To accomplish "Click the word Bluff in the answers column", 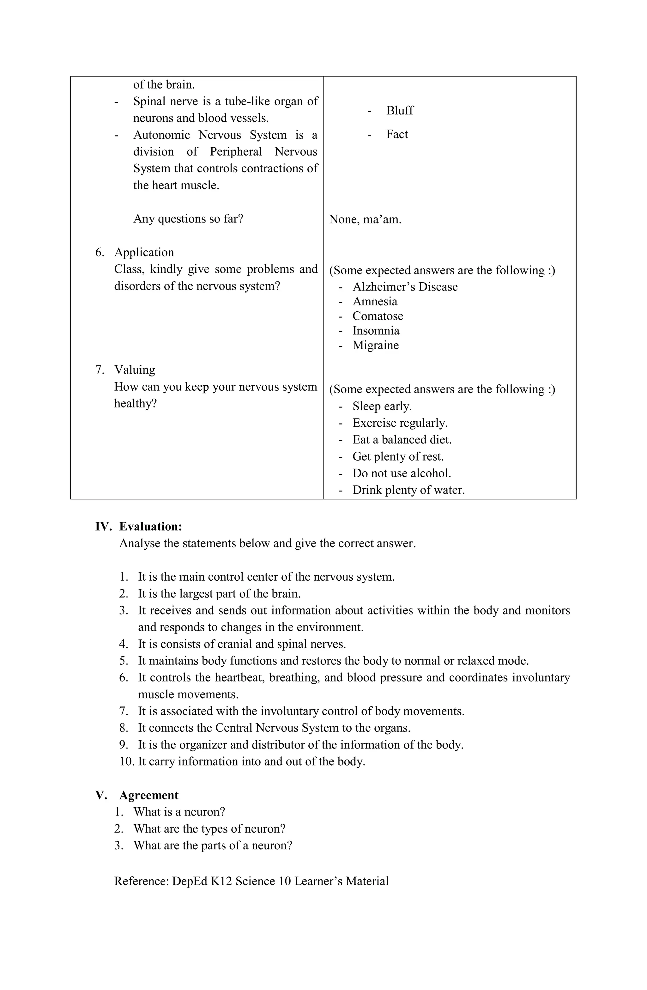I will [399, 111].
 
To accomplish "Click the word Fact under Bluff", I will [397, 134].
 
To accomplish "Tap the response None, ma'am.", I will [365, 219].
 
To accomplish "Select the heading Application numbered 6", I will [144, 253].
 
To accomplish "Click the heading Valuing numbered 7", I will [134, 370].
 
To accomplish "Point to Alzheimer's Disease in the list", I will [405, 287].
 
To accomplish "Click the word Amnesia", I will [374, 302].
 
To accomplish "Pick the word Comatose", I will [378, 316].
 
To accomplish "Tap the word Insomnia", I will [376, 331].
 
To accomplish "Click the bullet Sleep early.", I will [382, 406].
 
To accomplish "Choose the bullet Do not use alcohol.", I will [401, 474].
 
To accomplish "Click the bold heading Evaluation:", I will [150, 527].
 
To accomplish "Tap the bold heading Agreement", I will [148, 795].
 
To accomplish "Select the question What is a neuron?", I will [179, 812].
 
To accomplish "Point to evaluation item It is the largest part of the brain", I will [219, 594].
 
